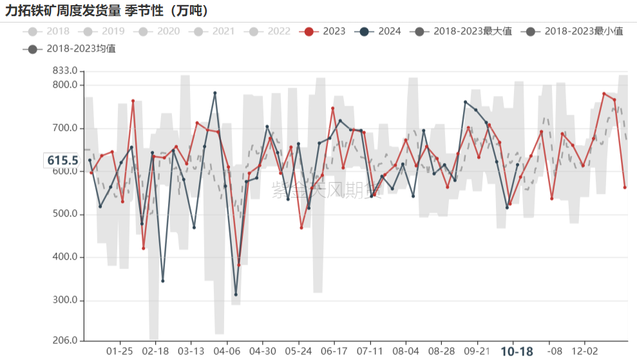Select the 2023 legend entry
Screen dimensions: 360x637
click(325, 31)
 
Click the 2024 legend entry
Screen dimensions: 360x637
click(381, 31)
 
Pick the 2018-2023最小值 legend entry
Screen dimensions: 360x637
click(574, 31)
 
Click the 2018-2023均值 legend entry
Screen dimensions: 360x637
click(71, 48)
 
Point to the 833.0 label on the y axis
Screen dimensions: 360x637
click(65, 71)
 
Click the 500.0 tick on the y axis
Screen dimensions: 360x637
click(65, 214)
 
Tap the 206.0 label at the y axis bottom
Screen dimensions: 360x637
click(65, 341)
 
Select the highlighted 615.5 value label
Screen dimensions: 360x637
click(62, 160)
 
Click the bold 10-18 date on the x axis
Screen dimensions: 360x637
click(517, 352)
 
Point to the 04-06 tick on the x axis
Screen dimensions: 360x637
click(227, 351)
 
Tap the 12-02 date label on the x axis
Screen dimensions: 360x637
click(584, 351)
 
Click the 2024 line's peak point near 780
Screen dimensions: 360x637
click(214, 93)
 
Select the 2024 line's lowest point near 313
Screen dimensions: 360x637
click(236, 294)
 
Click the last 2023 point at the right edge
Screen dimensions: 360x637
click(625, 187)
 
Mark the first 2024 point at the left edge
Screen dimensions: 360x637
click(90, 160)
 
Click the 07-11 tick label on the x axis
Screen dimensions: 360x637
click(370, 351)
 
